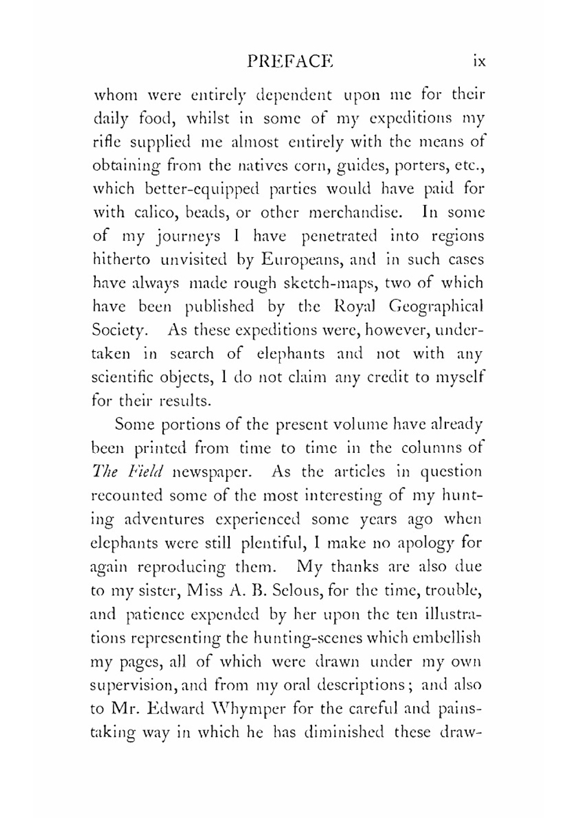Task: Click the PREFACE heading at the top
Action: point(290,61)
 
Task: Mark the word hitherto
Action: point(121,260)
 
